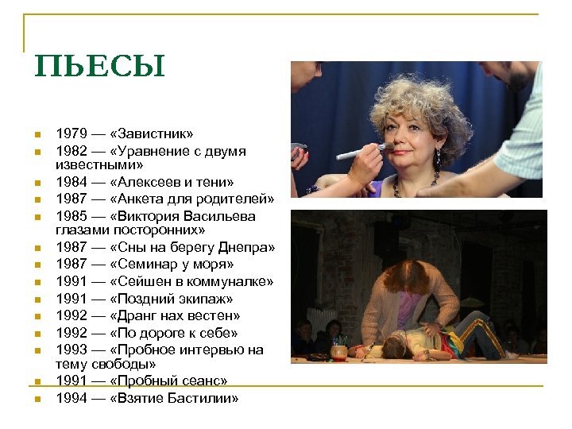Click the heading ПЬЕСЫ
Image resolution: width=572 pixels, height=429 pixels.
(x=99, y=67)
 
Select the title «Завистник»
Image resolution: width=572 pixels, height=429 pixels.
(x=153, y=134)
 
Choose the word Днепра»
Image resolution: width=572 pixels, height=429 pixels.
(x=245, y=247)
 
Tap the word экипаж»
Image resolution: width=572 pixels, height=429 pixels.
(x=201, y=299)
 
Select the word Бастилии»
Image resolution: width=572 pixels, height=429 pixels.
(x=202, y=398)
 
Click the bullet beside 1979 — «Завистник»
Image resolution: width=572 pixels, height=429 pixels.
(x=37, y=134)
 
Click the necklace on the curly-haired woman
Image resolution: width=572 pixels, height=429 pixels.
(x=416, y=184)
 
